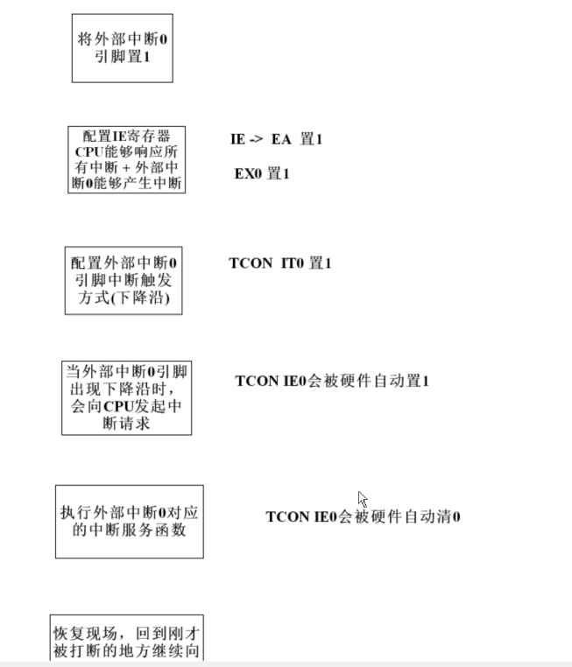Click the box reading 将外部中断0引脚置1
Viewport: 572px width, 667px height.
point(122,47)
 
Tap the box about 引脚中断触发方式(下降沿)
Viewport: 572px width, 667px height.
point(124,280)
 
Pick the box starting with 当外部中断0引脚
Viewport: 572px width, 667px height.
point(126,397)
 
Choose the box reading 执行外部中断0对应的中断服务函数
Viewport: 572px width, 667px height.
point(129,521)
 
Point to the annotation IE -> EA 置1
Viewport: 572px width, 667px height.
point(277,139)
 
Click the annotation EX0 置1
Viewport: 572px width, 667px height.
point(261,173)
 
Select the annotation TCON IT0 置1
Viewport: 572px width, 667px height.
point(280,263)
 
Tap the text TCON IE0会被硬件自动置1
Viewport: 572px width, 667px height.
point(332,381)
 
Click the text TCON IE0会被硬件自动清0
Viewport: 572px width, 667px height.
point(363,516)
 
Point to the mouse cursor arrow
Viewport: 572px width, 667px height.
point(362,499)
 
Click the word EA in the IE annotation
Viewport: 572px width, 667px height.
point(280,139)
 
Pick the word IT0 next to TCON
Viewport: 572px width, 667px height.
point(292,263)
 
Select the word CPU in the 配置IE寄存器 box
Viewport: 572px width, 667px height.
point(90,151)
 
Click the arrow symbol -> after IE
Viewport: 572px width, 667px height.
point(258,139)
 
